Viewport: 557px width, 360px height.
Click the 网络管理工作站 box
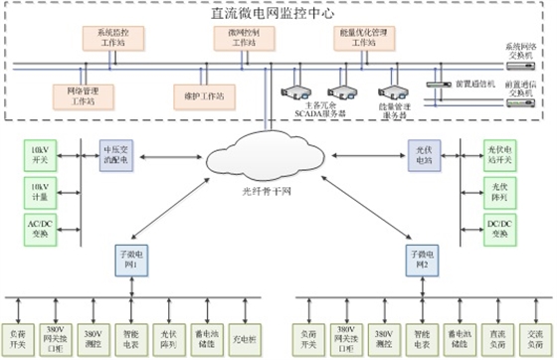76,96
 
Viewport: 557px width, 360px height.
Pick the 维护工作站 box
199,96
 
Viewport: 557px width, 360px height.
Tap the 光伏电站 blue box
422,154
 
